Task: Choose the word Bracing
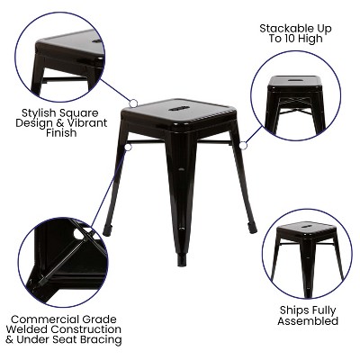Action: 99,340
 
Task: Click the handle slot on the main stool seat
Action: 182,110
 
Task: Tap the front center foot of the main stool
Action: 182,260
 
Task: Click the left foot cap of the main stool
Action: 107,230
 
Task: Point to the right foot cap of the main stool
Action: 254,229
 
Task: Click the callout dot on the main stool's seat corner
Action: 134,103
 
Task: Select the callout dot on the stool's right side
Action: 243,144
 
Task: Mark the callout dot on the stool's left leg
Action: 129,146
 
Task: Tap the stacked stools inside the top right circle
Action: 294,94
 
